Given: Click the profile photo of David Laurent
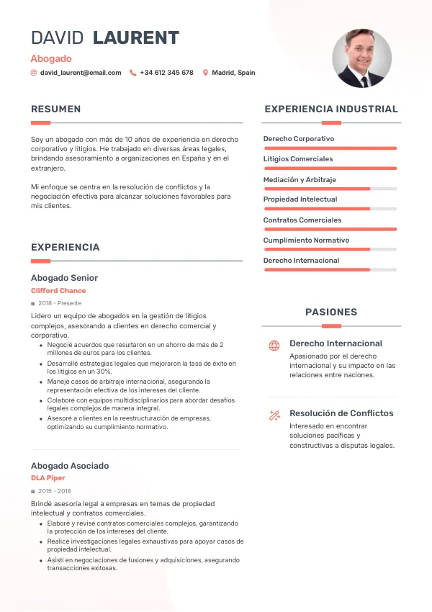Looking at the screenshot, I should pyautogui.click(x=361, y=58).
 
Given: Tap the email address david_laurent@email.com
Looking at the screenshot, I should pyautogui.click(x=81, y=73).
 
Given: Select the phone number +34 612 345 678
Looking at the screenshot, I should pyautogui.click(x=166, y=73).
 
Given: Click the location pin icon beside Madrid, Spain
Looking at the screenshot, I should pyautogui.click(x=205, y=73).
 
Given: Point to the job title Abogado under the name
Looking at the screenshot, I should pyautogui.click(x=51, y=58).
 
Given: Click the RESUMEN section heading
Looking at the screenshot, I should pyautogui.click(x=55, y=109).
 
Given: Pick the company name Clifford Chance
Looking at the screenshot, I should pyautogui.click(x=58, y=291).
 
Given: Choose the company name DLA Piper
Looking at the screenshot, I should pyautogui.click(x=48, y=478).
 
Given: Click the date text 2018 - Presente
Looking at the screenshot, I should pyautogui.click(x=60, y=304).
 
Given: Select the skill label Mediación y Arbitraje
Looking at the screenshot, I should pyautogui.click(x=300, y=179).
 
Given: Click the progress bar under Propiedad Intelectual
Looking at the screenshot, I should pyautogui.click(x=330, y=209).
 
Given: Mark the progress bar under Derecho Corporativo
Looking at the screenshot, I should pyautogui.click(x=330, y=148).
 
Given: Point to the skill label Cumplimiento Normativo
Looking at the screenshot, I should pyautogui.click(x=306, y=240).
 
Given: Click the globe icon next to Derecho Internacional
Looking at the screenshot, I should pyautogui.click(x=274, y=346).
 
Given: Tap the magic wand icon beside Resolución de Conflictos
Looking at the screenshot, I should pyautogui.click(x=274, y=415).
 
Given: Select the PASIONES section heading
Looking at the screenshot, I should pyautogui.click(x=331, y=312).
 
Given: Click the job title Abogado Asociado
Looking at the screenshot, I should pyautogui.click(x=70, y=466).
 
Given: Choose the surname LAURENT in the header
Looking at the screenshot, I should pyautogui.click(x=136, y=38).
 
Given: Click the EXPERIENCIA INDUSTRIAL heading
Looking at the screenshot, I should pyautogui.click(x=331, y=109).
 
